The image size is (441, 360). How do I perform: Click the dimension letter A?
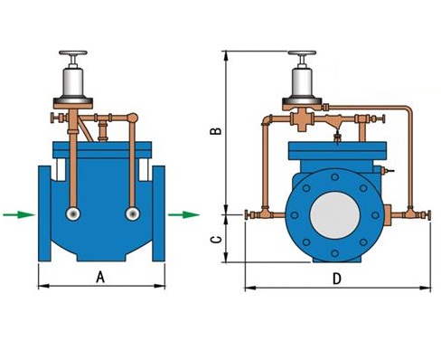click(100, 277)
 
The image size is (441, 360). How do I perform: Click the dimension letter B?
click(216, 130)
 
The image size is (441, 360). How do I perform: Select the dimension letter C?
click(216, 240)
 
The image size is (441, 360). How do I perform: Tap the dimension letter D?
click(337, 279)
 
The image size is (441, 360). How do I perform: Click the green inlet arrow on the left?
click(19, 214)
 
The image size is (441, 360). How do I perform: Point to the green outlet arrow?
click(183, 214)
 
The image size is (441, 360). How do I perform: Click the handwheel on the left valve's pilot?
click(73, 53)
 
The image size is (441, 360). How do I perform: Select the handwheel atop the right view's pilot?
click(302, 53)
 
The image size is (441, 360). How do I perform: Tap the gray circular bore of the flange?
click(335, 215)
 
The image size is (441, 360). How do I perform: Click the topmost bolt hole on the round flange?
click(335, 177)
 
